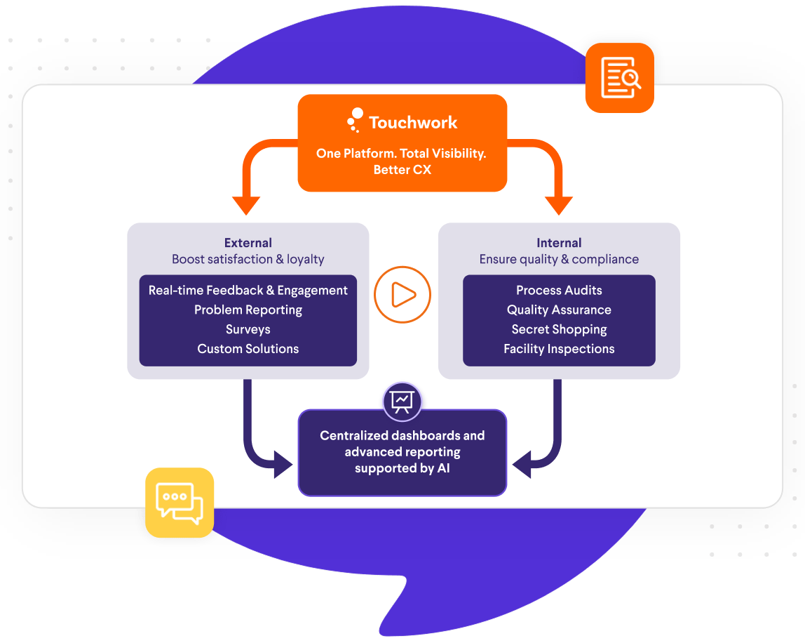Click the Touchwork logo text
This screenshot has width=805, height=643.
coord(412,123)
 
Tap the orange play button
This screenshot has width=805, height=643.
coord(402,295)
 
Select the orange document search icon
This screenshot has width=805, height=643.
coord(620,78)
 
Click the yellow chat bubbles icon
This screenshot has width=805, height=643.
coord(180,503)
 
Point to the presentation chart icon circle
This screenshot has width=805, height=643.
coord(402,400)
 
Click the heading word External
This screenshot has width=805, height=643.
coord(248,243)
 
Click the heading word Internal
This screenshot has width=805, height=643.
coord(559,243)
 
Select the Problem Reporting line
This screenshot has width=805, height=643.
coord(248,310)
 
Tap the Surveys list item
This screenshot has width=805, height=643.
coord(248,329)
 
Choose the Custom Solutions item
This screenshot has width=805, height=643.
coord(248,349)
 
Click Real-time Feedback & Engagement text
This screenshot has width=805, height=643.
coord(248,290)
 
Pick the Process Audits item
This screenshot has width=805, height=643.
coord(559,290)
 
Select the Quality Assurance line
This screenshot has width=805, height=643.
coord(559,310)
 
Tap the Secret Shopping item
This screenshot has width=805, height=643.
coord(559,329)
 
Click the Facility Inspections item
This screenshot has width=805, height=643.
coord(559,349)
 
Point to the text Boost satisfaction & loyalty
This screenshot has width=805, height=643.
coord(248,259)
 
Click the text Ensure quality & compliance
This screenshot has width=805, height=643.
coord(559,259)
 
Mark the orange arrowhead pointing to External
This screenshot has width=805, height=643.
coord(246,205)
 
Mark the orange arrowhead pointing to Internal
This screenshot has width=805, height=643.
coord(559,205)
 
